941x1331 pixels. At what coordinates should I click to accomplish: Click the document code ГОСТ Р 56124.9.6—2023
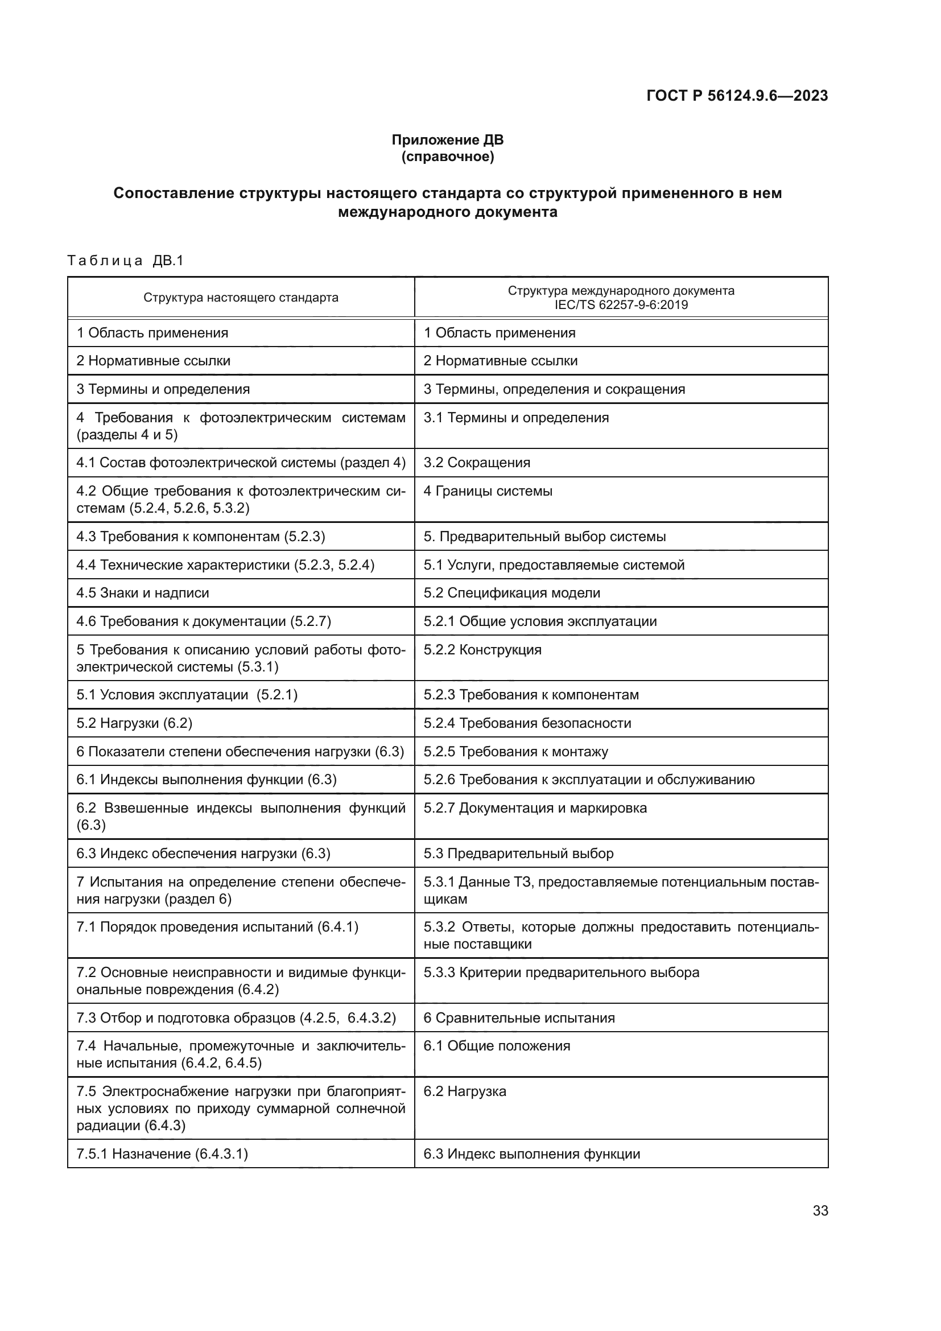(x=736, y=96)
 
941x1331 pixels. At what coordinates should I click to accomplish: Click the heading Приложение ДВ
(x=447, y=140)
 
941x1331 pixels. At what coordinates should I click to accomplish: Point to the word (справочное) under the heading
(x=447, y=156)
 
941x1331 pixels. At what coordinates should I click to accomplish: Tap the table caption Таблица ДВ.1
(x=125, y=260)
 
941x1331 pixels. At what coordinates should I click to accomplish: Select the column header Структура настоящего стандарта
(x=241, y=298)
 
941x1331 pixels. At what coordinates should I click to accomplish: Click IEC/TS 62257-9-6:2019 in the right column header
(x=621, y=305)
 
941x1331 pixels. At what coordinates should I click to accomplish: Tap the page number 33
(x=820, y=1210)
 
